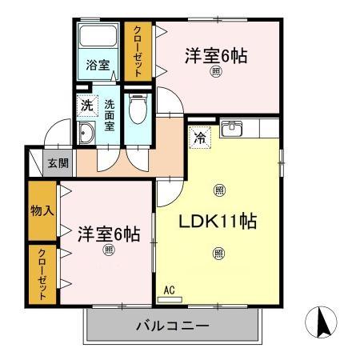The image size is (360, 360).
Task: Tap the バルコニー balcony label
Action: pos(171,326)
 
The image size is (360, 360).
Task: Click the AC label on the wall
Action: pos(169,291)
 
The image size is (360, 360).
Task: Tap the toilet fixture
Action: pos(138,110)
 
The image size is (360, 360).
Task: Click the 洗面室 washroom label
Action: pos(110,114)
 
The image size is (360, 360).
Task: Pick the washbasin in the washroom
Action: pos(86,133)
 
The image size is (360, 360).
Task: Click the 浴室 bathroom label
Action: pos(99,64)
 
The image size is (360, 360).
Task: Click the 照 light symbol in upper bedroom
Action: pos(215,74)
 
